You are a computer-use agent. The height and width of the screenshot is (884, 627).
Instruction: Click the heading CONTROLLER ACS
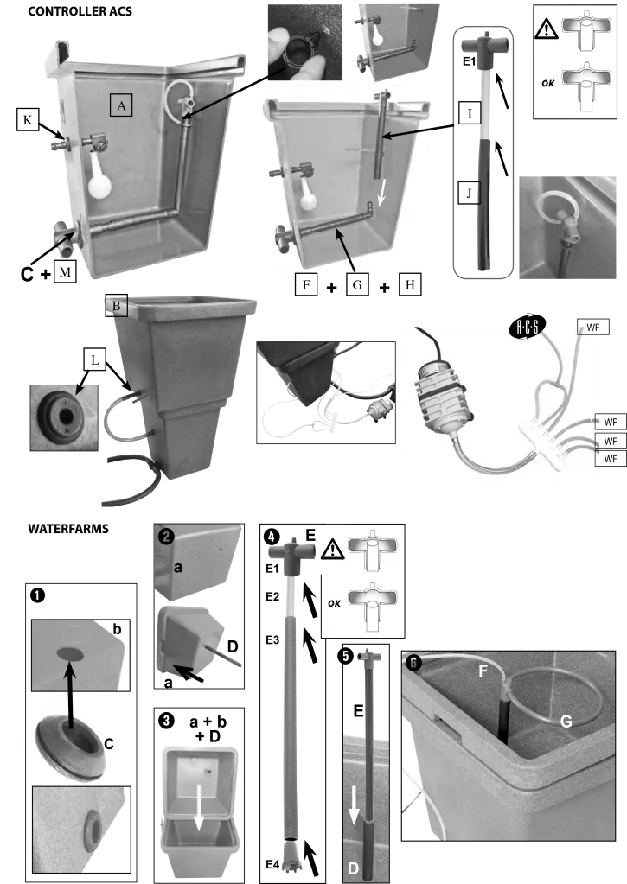point(80,11)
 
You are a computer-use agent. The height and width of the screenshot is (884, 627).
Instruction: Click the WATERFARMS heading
point(68,529)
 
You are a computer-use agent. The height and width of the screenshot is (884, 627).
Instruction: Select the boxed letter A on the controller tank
point(121,105)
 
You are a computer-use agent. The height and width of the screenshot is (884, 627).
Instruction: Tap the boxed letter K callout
point(28,119)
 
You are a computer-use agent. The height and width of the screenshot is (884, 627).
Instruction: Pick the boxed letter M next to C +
point(65,272)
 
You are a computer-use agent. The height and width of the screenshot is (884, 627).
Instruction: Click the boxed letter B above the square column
point(116,306)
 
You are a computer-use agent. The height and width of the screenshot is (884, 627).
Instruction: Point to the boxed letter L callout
point(95,359)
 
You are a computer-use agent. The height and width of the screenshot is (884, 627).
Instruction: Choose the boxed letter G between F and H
point(357,284)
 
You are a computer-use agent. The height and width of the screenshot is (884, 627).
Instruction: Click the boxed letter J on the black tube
point(469,193)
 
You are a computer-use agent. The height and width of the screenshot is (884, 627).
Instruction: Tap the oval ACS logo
point(528,327)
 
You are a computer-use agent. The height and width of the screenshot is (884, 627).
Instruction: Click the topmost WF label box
point(593,327)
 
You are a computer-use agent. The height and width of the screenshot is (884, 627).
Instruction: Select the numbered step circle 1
point(38,595)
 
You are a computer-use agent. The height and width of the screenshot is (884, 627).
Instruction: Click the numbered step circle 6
point(413,663)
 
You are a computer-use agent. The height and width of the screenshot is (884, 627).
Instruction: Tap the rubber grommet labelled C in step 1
point(70,747)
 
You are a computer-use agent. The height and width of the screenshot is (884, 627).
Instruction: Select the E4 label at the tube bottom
point(272,864)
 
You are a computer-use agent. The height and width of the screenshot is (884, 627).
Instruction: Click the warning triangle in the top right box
point(547,29)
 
